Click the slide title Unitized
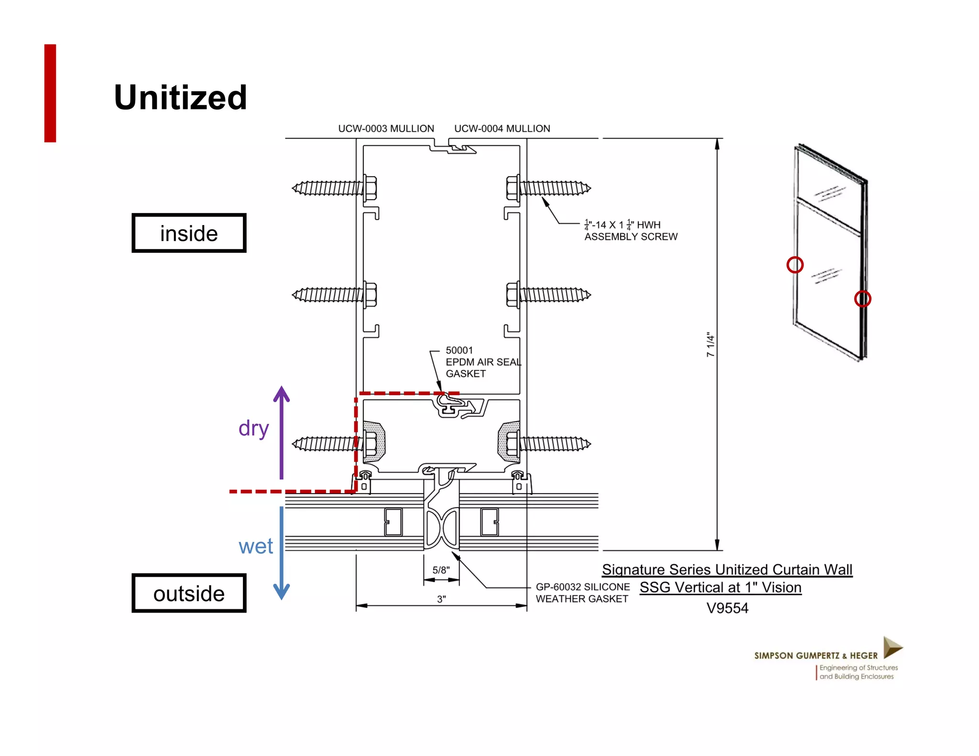[180, 97]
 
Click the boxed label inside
[189, 233]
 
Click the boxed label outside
[189, 594]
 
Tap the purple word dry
[254, 428]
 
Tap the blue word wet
[256, 546]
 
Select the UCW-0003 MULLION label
[386, 129]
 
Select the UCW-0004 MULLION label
[502, 129]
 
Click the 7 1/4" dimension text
[710, 345]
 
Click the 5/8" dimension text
[441, 570]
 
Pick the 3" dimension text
[441, 599]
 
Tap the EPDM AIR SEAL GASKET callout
[483, 362]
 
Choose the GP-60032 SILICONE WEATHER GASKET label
[582, 593]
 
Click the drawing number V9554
[727, 608]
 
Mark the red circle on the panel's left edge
[795, 265]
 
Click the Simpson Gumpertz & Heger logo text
[816, 656]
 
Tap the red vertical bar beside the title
[50, 93]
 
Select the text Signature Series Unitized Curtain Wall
[727, 570]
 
